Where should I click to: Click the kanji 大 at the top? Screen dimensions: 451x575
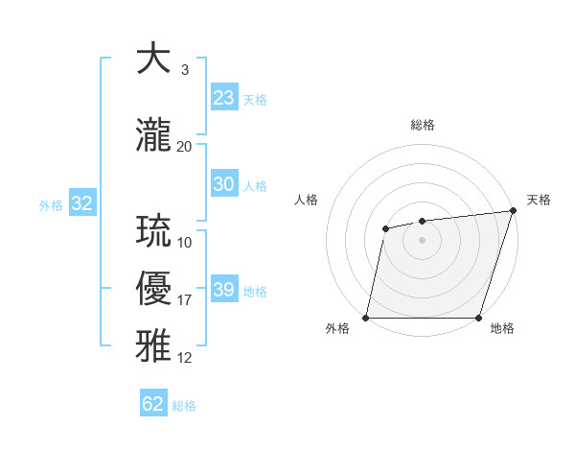154,60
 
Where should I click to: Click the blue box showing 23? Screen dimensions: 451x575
224,98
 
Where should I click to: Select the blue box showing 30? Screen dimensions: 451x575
224,184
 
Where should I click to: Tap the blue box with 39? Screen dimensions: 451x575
224,290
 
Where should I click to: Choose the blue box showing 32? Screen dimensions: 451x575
81,203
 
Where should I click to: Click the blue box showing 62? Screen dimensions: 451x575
153,404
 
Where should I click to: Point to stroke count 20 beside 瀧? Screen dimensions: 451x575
185,147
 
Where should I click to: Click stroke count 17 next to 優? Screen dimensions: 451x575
185,300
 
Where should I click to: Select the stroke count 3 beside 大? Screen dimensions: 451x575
185,70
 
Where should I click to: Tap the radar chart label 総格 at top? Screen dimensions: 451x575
423,125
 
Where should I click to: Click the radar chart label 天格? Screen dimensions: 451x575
539,200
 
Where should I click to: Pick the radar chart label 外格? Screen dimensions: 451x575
337,328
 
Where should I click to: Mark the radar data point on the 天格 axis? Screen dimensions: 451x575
513,211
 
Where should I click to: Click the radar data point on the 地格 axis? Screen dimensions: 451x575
478,318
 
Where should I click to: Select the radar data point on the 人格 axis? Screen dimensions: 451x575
385,228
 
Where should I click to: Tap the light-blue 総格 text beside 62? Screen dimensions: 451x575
184,406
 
